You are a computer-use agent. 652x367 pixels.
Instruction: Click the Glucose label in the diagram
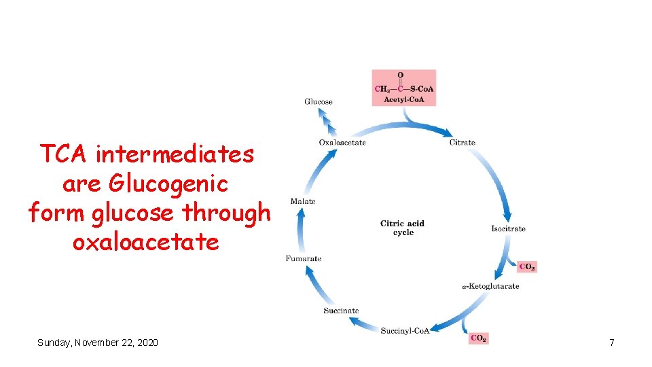tap(318, 102)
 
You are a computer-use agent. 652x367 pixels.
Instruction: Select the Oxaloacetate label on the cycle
tap(342, 143)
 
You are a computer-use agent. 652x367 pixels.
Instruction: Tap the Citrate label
tap(463, 143)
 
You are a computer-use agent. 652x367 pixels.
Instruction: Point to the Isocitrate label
tap(508, 229)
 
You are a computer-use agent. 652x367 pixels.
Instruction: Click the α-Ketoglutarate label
tap(490, 287)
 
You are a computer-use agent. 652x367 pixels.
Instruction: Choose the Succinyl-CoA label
tap(405, 331)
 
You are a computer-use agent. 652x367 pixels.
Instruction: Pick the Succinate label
tap(341, 311)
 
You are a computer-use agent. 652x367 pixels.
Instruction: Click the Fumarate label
tap(304, 259)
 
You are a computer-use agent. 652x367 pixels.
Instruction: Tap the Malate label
tap(303, 202)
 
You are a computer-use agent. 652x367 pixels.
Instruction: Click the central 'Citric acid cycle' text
tap(403, 228)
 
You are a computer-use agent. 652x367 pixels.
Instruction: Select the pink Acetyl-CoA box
tap(404, 88)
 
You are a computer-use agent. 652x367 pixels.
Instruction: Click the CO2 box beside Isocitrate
tap(526, 267)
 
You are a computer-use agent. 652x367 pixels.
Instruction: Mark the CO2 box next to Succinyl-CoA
tap(478, 338)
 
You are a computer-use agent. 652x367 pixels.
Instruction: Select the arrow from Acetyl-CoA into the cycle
tap(428, 126)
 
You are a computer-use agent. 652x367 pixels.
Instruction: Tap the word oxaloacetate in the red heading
tap(145, 242)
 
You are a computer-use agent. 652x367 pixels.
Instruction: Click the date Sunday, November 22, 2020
tap(98, 343)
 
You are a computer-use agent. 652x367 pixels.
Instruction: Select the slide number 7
tap(611, 343)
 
